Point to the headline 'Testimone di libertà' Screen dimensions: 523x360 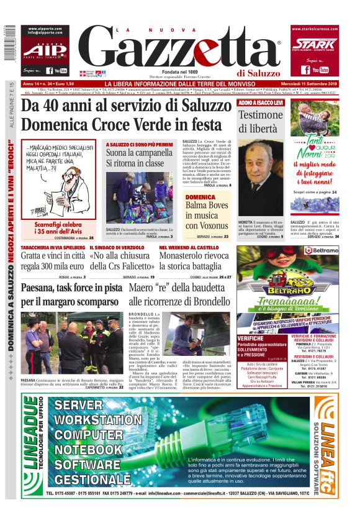(261, 122)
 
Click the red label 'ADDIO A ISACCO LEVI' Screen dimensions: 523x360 (261, 101)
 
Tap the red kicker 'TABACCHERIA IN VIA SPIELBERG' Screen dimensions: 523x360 (52, 247)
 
